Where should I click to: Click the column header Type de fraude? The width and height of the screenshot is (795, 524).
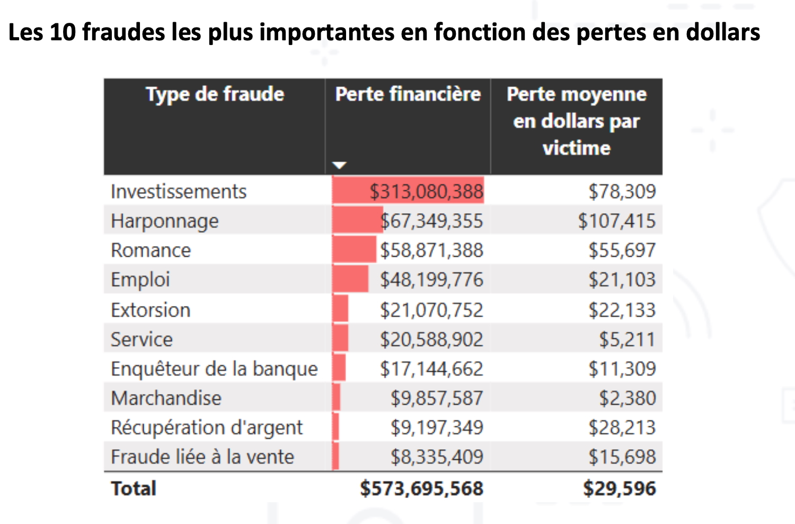click(215, 94)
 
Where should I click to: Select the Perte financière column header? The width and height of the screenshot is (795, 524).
click(408, 94)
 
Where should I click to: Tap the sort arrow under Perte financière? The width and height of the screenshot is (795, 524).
click(339, 165)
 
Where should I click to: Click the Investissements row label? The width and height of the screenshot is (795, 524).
click(179, 191)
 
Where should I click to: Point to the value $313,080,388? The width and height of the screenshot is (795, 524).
click(426, 191)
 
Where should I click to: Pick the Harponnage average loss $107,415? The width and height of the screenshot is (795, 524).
click(616, 221)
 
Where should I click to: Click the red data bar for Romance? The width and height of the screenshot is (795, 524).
click(354, 250)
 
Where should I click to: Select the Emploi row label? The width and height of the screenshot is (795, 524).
click(140, 280)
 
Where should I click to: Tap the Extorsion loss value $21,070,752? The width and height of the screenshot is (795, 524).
click(431, 310)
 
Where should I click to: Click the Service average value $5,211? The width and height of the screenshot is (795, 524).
click(627, 339)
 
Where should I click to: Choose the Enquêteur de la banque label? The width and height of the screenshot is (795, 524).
click(214, 369)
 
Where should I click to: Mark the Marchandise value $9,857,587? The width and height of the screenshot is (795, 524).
click(437, 398)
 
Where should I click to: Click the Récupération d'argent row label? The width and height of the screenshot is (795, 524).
click(207, 427)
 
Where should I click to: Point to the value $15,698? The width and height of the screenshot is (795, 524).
click(622, 457)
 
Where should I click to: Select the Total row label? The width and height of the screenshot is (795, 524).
click(134, 488)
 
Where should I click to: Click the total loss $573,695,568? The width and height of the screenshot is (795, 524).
click(421, 488)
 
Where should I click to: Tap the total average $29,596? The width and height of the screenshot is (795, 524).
click(619, 488)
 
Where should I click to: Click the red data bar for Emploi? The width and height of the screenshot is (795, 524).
click(350, 280)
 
